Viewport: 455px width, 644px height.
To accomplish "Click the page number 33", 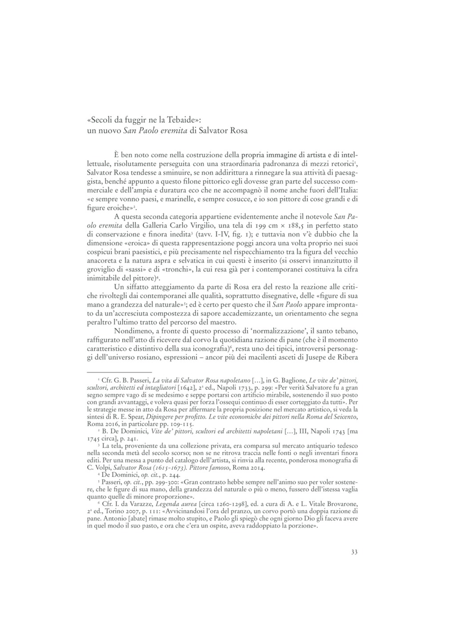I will (x=354, y=552).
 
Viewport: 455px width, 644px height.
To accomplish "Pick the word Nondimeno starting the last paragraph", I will (x=132, y=331).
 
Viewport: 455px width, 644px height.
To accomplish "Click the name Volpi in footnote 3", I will (x=103, y=468).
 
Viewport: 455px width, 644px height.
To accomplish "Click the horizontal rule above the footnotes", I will (x=120, y=372).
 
